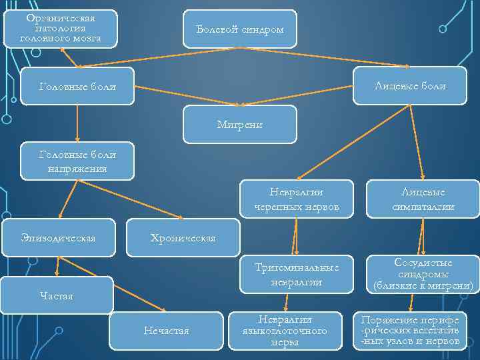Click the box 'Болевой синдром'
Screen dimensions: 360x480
pyautogui.click(x=240, y=29)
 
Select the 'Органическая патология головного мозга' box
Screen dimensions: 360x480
pyautogui.click(x=61, y=29)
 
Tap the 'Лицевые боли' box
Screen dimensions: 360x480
pyautogui.click(x=410, y=86)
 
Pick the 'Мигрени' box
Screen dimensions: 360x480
pyautogui.click(x=240, y=124)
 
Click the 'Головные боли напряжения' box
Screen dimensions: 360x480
pyautogui.click(x=77, y=161)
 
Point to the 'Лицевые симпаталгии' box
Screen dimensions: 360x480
pyautogui.click(x=423, y=199)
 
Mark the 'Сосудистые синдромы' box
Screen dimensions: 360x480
pyautogui.click(x=423, y=274)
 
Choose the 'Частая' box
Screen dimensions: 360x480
pyautogui.click(x=57, y=295)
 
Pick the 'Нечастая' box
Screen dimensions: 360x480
pyautogui.click(x=167, y=331)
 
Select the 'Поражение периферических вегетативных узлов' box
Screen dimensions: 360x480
pyautogui.click(x=410, y=331)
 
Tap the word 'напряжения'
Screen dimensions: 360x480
pyautogui.click(x=77, y=169)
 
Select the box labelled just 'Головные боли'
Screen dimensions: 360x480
pyautogui.click(x=77, y=87)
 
